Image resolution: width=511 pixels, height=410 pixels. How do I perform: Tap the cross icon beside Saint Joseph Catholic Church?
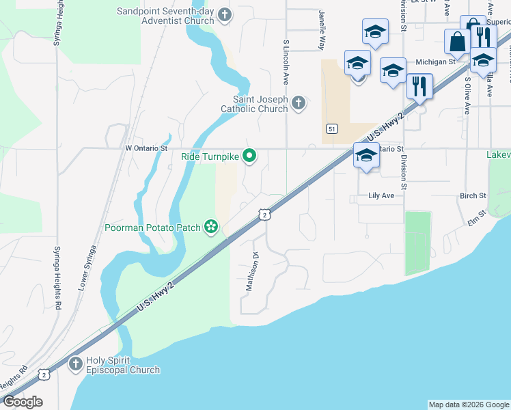coord(297,104)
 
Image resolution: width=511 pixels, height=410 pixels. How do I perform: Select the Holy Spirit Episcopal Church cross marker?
coord(75,364)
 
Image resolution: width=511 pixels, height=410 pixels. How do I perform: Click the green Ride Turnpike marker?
coord(249,156)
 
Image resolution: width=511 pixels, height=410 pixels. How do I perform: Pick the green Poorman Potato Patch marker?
coord(212,227)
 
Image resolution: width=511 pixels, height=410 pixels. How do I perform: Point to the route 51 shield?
coord(331,129)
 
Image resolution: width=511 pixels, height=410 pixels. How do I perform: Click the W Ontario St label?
coord(146,148)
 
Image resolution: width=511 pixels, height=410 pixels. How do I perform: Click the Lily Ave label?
coord(382,195)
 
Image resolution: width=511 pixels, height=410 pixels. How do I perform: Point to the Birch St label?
coord(473,195)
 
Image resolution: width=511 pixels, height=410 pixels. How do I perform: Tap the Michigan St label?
coord(436,61)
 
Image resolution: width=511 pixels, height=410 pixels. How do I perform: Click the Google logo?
coord(23,402)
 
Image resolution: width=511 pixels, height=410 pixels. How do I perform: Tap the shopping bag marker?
coord(456,42)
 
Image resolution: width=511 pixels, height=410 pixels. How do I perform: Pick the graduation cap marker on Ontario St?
coord(366,156)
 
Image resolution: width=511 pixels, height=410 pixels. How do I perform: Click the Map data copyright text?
coord(469,405)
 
